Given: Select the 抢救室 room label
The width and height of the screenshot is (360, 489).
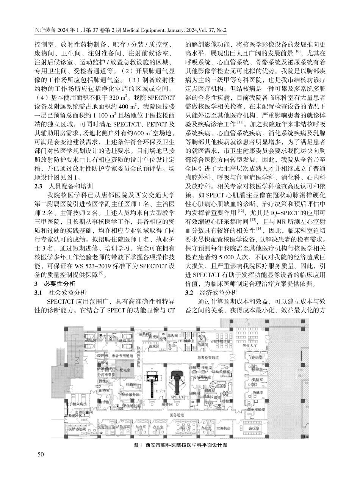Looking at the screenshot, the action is point(132,385).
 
